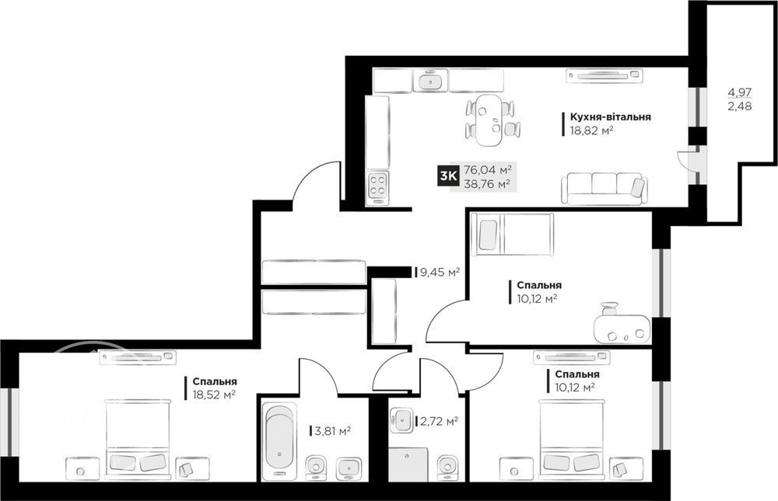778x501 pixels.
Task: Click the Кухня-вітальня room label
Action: click(610, 117)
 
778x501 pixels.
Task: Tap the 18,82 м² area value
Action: click(592, 130)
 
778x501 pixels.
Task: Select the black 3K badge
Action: click(447, 176)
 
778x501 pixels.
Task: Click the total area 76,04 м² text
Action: click(487, 170)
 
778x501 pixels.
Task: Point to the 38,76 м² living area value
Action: click(487, 184)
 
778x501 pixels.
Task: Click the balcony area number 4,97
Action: click(739, 92)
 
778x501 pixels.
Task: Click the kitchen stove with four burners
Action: click(377, 187)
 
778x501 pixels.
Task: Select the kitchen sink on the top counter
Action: click(429, 82)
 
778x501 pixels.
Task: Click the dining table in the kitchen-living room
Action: click(489, 120)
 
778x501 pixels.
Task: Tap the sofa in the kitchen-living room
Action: click(605, 188)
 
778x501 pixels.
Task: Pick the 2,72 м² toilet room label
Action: click(436, 422)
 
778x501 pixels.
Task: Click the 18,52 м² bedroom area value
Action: click(214, 395)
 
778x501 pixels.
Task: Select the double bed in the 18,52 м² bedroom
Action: click(138, 440)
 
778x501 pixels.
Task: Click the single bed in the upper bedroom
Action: click(512, 235)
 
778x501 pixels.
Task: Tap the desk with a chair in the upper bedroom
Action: click(622, 325)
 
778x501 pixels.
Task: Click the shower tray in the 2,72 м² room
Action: click(408, 464)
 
